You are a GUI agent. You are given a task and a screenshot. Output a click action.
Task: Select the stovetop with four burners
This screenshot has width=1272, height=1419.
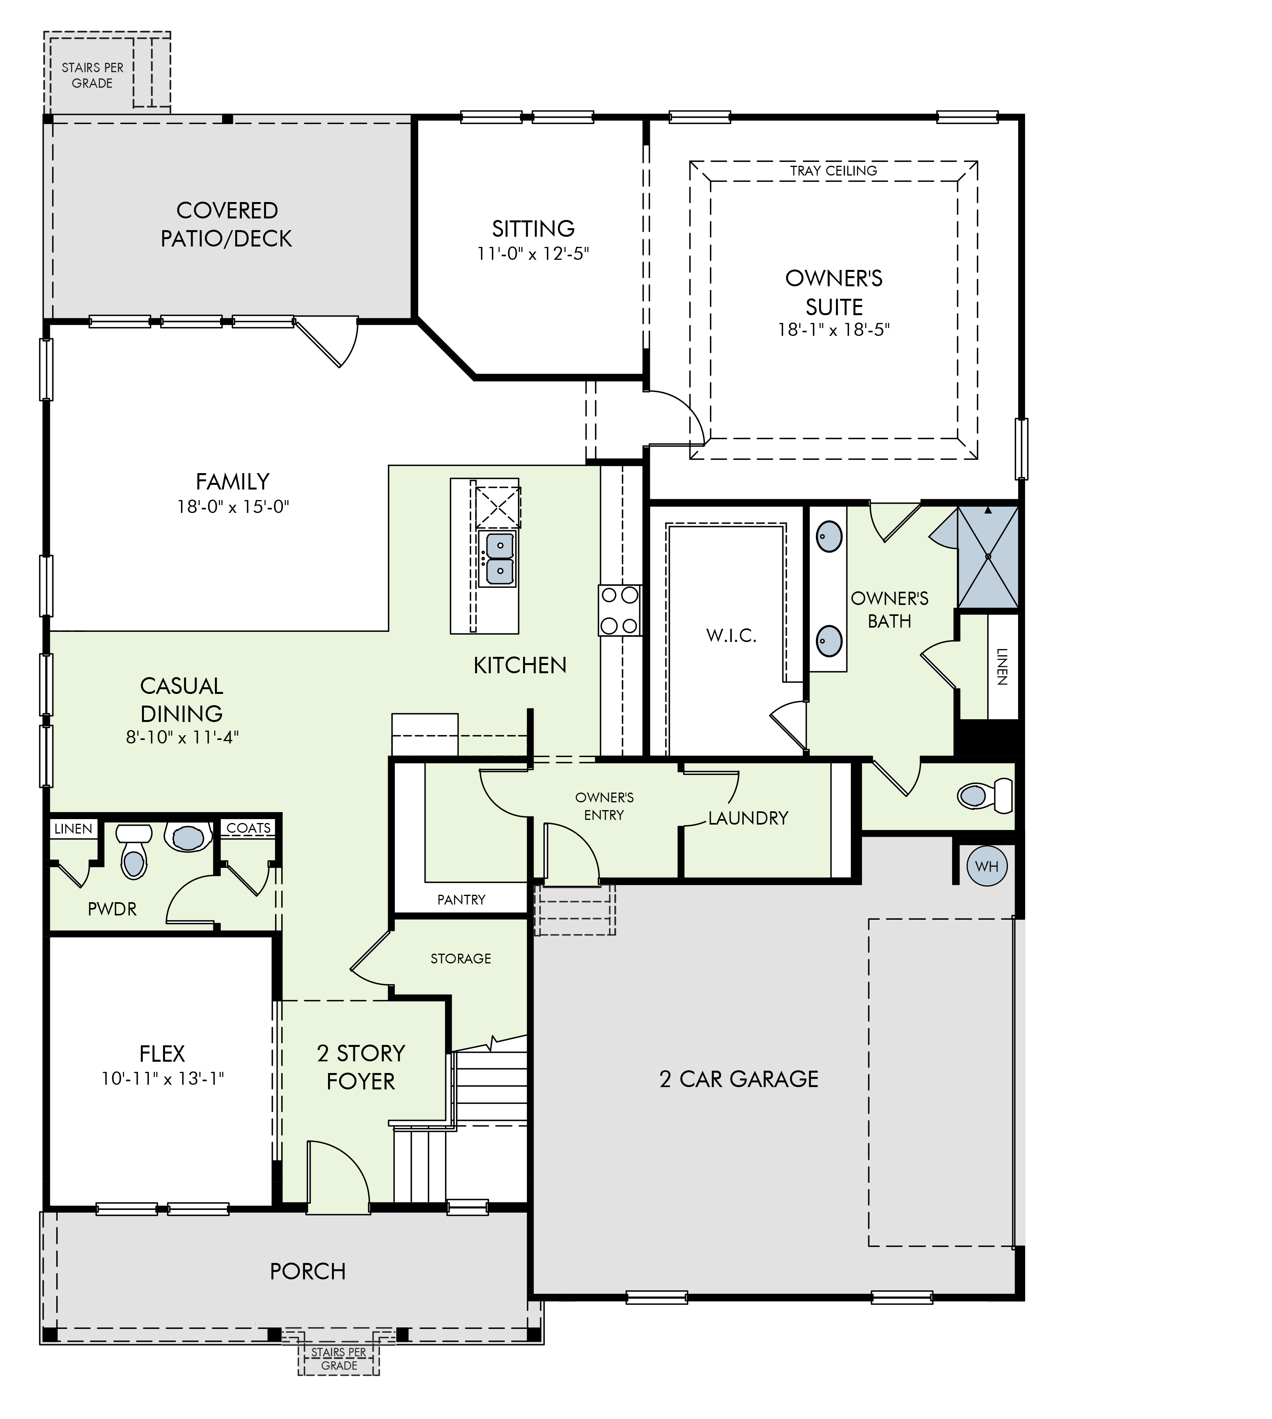tap(619, 610)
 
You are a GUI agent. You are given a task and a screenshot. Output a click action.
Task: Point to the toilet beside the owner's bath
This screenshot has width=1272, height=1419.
tap(985, 795)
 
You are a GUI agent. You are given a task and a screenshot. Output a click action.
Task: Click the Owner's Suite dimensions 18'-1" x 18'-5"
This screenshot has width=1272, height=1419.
tap(834, 329)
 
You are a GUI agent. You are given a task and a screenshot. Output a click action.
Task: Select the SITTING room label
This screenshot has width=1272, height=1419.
tap(533, 229)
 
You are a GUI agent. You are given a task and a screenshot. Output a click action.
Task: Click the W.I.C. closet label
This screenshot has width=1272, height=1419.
tap(731, 635)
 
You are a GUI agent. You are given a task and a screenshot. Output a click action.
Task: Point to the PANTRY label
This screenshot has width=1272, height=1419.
tap(461, 899)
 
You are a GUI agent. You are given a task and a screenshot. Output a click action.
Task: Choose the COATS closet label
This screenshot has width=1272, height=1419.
tap(249, 828)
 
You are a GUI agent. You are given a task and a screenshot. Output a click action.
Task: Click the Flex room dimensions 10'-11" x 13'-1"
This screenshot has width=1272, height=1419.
tap(162, 1078)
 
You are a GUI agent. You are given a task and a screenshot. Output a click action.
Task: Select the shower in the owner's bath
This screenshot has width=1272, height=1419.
tap(988, 557)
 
